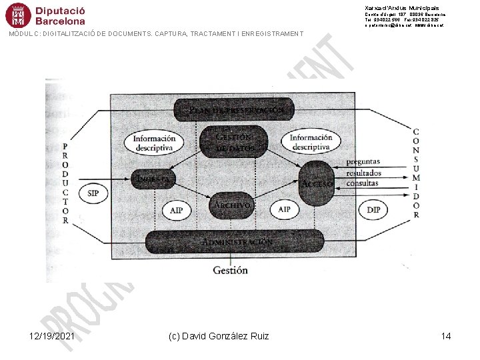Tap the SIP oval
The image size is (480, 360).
click(x=93, y=194)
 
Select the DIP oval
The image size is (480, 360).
click(x=374, y=209)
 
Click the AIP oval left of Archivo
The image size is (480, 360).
click(x=176, y=210)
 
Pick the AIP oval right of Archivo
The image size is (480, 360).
click(x=285, y=209)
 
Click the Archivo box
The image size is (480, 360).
click(x=231, y=205)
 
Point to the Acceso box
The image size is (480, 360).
click(x=317, y=183)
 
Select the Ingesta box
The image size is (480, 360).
click(x=154, y=179)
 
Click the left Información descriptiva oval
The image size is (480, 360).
click(x=154, y=143)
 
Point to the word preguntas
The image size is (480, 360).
click(x=363, y=161)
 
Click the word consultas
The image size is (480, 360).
click(x=363, y=182)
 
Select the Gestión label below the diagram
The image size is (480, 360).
click(x=230, y=270)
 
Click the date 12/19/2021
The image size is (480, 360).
click(x=52, y=336)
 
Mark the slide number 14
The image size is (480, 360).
click(x=446, y=336)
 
